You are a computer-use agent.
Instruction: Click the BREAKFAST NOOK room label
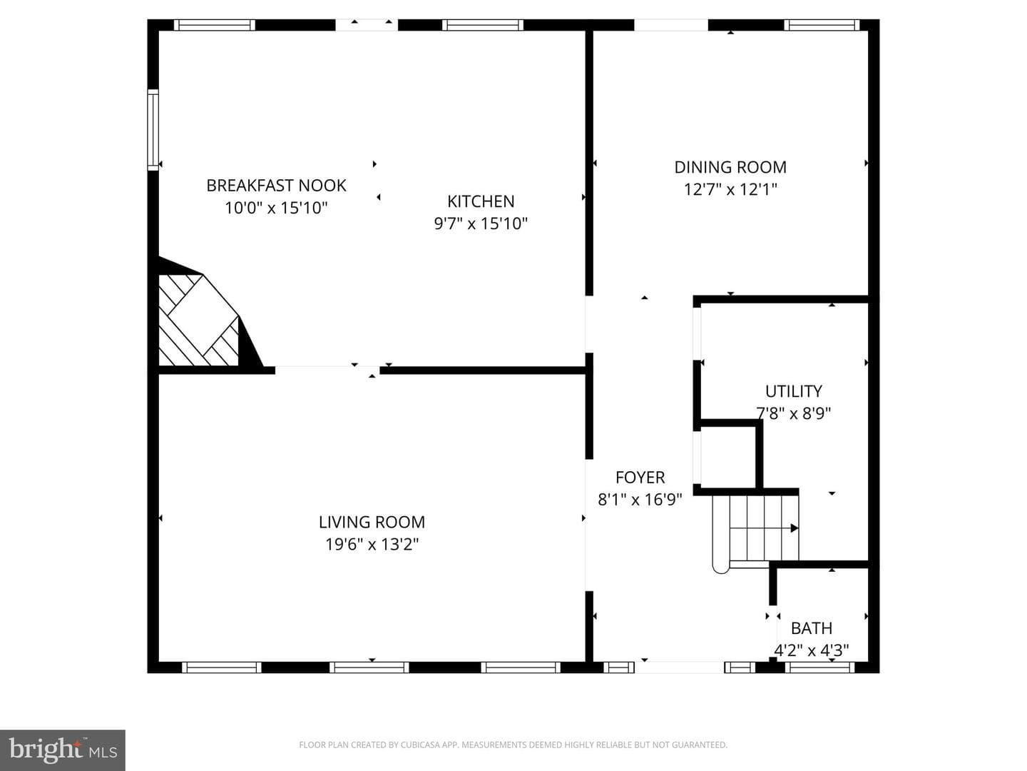click(x=276, y=186)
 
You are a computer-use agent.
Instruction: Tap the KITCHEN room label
click(x=481, y=201)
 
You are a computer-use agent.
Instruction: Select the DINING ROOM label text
click(x=730, y=167)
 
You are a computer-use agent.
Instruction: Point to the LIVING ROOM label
click(x=372, y=522)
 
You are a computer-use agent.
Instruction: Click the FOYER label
click(x=640, y=478)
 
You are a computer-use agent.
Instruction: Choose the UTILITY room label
click(x=794, y=391)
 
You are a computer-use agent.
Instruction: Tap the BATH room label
click(x=812, y=628)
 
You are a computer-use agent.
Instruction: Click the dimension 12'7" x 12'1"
click(x=730, y=190)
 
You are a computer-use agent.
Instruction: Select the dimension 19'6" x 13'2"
click(x=372, y=545)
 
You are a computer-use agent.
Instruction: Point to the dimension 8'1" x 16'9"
click(x=640, y=500)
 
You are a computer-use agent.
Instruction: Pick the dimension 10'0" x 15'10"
click(x=276, y=208)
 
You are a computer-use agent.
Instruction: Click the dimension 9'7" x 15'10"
click(x=481, y=223)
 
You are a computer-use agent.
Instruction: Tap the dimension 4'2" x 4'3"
click(x=812, y=650)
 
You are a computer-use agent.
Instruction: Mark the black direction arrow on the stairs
click(x=794, y=528)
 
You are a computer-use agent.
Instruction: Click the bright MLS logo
click(x=63, y=750)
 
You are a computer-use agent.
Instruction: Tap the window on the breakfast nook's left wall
click(x=153, y=130)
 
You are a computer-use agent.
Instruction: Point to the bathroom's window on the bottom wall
click(x=819, y=667)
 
